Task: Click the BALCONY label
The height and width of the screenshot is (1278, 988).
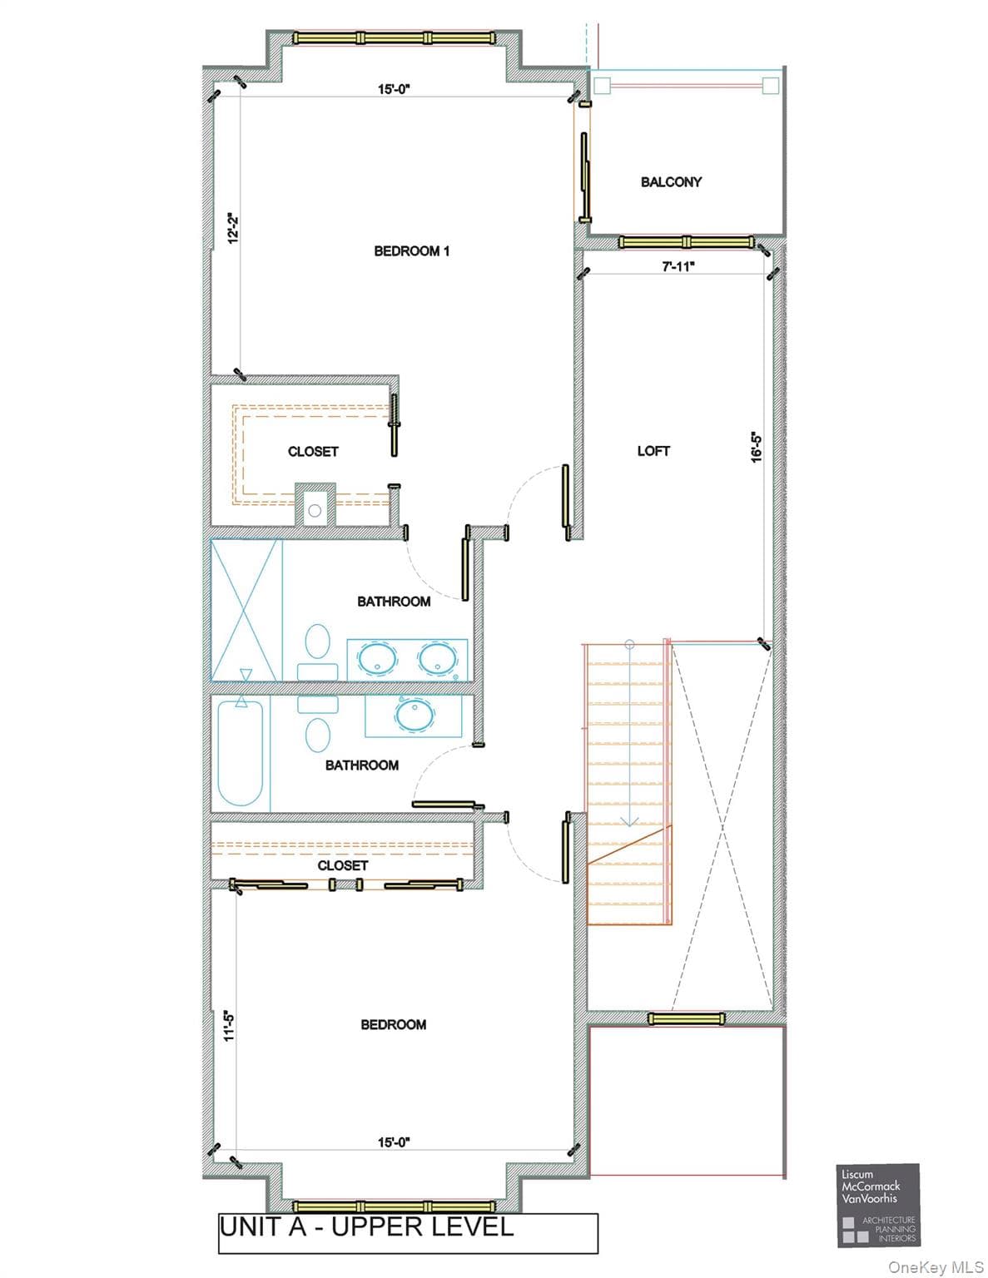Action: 671,182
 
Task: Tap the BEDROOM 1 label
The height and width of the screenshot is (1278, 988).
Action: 412,251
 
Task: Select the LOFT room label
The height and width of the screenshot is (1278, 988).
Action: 653,451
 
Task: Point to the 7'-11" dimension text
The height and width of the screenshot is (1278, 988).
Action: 678,266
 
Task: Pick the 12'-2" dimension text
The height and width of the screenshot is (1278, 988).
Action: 233,228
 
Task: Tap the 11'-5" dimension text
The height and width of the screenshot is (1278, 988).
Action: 230,1026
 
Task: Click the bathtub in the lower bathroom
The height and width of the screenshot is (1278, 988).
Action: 240,753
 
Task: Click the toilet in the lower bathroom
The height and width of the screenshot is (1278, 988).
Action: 318,724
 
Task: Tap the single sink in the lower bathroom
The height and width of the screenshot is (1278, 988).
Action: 415,715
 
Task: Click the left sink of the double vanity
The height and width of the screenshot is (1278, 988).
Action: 377,658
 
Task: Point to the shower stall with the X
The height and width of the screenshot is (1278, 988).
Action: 246,611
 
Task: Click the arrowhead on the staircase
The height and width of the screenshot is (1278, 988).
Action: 629,821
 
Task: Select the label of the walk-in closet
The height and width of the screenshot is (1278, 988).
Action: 313,452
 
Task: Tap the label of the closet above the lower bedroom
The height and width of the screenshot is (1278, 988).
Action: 342,865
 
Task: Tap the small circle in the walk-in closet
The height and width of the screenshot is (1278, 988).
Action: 315,511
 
